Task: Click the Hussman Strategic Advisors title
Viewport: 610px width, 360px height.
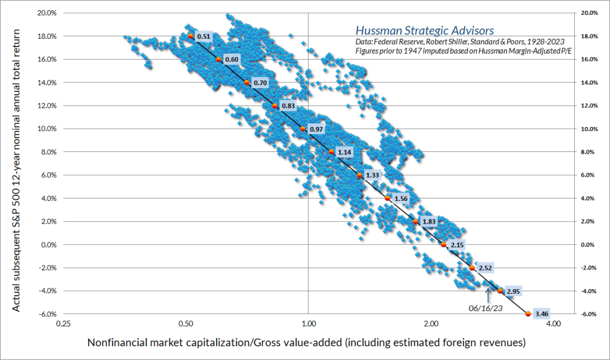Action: coord(424,30)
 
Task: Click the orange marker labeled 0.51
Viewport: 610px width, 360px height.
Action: coord(191,36)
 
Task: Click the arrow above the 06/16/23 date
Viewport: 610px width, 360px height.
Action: coord(488,292)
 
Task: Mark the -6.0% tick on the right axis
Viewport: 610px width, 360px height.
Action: coord(589,314)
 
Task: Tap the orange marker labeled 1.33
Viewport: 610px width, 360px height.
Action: coord(359,175)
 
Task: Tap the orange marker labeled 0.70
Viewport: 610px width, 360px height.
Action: coord(247,82)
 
